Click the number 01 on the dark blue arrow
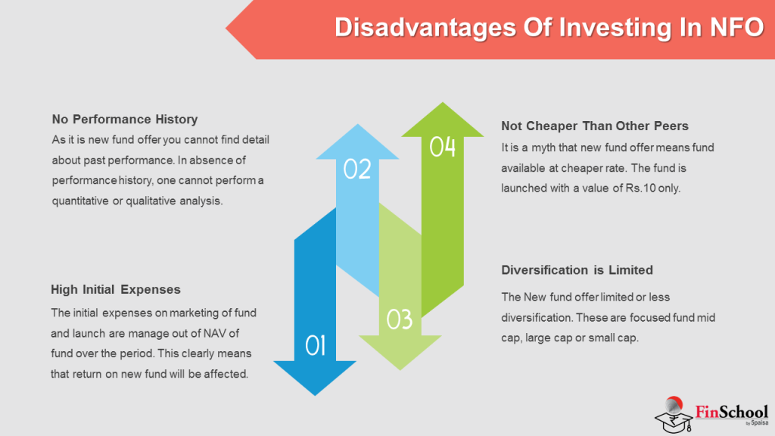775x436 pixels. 316,345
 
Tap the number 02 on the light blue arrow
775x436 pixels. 357,168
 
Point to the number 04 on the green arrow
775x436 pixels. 443,146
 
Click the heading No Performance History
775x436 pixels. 125,119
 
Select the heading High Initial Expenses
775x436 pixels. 116,289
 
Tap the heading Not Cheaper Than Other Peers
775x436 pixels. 595,125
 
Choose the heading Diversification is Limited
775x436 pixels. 577,269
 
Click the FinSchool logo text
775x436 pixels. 731,412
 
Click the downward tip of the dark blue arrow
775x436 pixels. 315,394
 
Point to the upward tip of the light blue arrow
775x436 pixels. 357,126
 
